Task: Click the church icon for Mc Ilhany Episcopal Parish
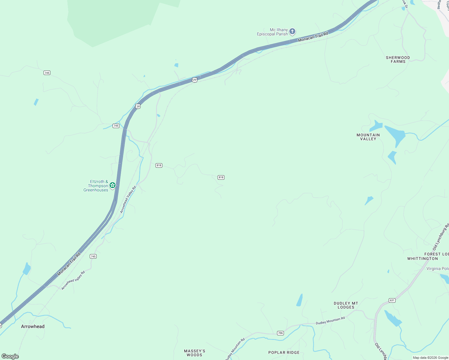click(292, 31)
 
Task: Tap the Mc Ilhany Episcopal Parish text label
click(272, 32)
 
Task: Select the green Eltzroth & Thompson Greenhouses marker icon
click(113, 185)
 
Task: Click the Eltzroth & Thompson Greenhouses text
click(96, 186)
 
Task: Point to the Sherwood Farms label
click(398, 59)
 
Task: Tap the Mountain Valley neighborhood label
click(368, 137)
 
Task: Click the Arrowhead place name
click(33, 326)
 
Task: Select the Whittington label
click(422, 259)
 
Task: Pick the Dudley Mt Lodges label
click(346, 305)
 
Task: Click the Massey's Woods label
click(194, 353)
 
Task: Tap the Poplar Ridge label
click(284, 352)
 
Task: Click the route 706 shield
click(280, 333)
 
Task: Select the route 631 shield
click(392, 300)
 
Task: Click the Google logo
click(10, 356)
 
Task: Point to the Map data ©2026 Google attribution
click(430, 358)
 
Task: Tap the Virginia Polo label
click(438, 268)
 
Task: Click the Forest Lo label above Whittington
click(437, 254)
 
